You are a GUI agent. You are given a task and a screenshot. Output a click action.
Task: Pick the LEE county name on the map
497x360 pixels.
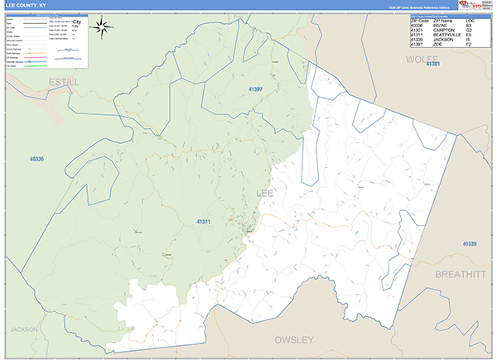point(265,193)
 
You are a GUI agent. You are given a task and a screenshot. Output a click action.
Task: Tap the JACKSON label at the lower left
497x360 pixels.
point(24,329)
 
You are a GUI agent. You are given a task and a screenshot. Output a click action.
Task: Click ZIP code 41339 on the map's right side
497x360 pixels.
point(470,243)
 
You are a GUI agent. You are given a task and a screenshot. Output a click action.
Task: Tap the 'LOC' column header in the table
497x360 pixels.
point(470,20)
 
